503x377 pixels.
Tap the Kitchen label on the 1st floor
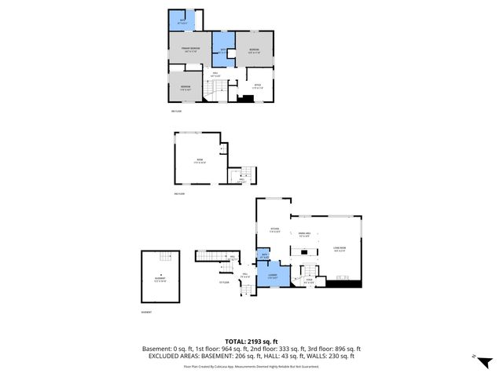click(x=275, y=231)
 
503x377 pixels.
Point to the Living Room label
click(x=339, y=251)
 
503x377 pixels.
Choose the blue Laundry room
click(x=274, y=276)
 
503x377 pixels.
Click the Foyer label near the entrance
click(x=310, y=280)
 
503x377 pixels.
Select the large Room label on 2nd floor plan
click(x=199, y=162)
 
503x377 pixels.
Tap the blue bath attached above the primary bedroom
click(x=182, y=20)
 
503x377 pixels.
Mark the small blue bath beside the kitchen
click(x=265, y=255)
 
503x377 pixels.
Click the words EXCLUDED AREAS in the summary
click(x=171, y=356)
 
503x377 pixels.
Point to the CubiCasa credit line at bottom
click(x=251, y=366)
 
